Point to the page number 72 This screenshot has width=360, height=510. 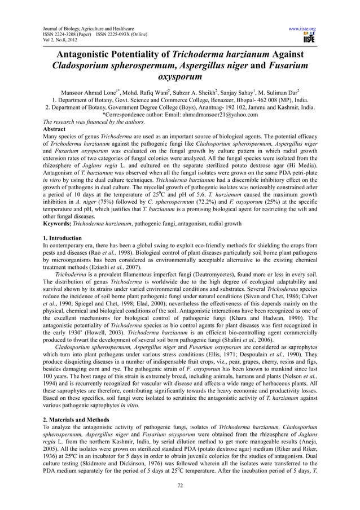coord(180,484)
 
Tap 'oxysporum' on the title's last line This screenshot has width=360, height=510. coord(180,79)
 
